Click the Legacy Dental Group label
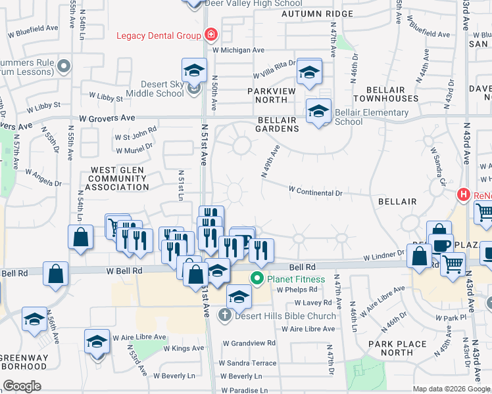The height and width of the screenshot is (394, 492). [x=158, y=35]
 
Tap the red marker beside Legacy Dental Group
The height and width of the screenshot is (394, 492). [x=211, y=34]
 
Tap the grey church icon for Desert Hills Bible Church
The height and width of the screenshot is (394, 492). [x=224, y=315]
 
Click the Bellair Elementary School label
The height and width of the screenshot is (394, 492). [x=371, y=117]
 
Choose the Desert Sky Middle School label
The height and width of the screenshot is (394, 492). [x=153, y=89]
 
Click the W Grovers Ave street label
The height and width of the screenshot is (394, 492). [x=106, y=118]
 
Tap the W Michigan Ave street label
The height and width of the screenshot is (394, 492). [x=238, y=50]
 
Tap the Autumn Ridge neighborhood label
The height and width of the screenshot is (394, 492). [x=308, y=13]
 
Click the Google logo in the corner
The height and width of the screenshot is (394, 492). [x=22, y=386]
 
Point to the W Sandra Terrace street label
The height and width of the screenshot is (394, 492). [x=248, y=362]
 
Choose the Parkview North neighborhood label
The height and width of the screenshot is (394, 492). [x=267, y=100]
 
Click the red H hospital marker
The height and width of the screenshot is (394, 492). [x=464, y=194]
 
